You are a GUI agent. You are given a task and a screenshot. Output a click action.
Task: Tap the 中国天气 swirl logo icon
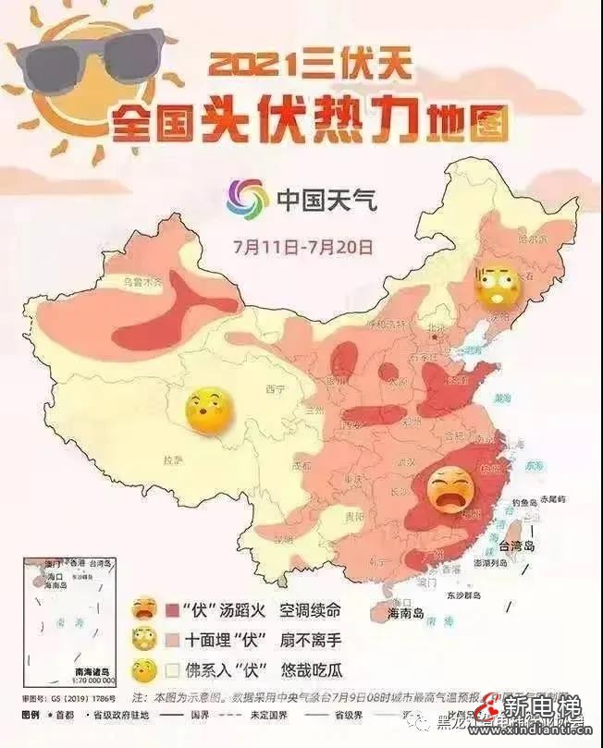pos(245,197)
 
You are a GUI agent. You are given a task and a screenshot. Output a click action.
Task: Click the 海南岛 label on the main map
pos(405,613)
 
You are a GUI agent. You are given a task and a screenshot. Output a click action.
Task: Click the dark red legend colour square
pos(173,610)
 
